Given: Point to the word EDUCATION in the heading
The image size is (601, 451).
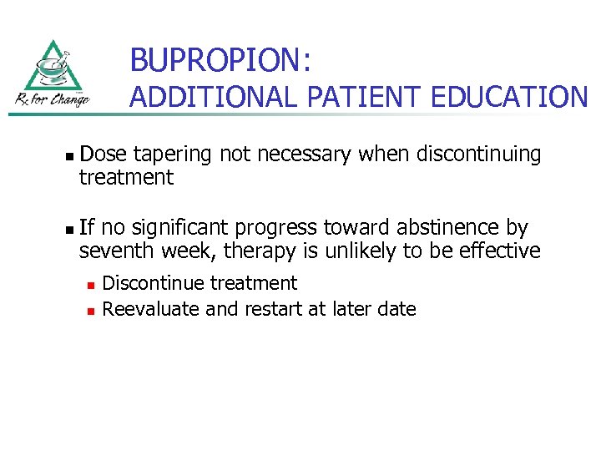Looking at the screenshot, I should (x=509, y=98).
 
